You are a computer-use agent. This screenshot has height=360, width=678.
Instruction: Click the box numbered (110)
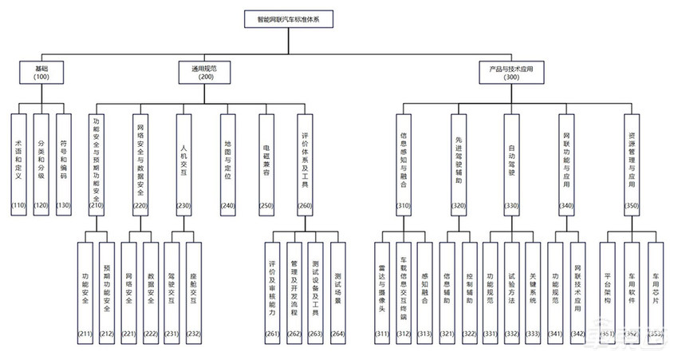(19, 164)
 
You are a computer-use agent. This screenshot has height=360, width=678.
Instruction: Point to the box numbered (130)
(63, 164)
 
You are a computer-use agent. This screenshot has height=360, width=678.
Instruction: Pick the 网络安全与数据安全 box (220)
(140, 164)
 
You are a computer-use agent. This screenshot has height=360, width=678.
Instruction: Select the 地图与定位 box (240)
(227, 164)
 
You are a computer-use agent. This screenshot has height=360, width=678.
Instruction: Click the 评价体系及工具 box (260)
(304, 164)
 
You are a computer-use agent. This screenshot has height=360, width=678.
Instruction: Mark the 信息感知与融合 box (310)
(404, 164)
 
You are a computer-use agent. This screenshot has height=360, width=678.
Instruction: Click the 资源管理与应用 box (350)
(631, 164)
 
